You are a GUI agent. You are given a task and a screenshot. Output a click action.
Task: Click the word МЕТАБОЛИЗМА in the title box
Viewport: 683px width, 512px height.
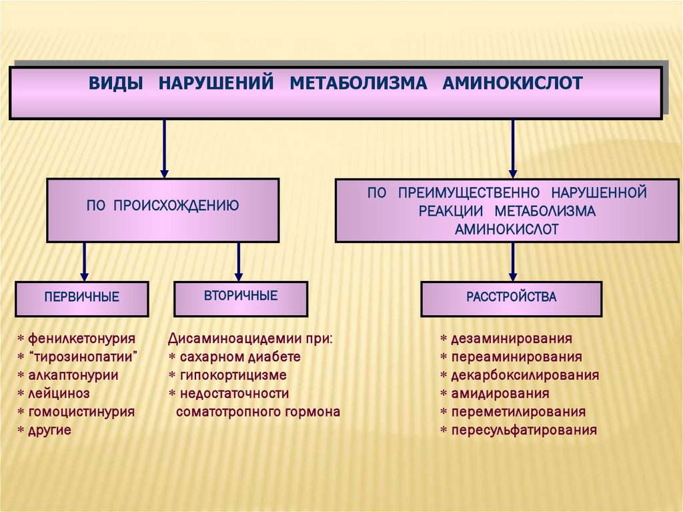(358, 83)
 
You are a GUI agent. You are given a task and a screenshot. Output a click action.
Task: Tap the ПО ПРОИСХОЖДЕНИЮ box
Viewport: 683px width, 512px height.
(163, 210)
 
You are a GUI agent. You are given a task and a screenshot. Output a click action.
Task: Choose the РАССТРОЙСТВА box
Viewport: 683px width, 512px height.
(511, 298)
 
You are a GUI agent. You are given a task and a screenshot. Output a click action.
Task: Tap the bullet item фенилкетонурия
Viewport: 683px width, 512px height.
(81, 338)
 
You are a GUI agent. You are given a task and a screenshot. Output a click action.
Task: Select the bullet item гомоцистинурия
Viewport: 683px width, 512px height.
(81, 412)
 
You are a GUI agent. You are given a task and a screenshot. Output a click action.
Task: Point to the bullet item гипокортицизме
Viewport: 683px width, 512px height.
(233, 375)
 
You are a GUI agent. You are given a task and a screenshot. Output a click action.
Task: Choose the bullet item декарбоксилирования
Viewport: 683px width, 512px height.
(524, 375)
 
